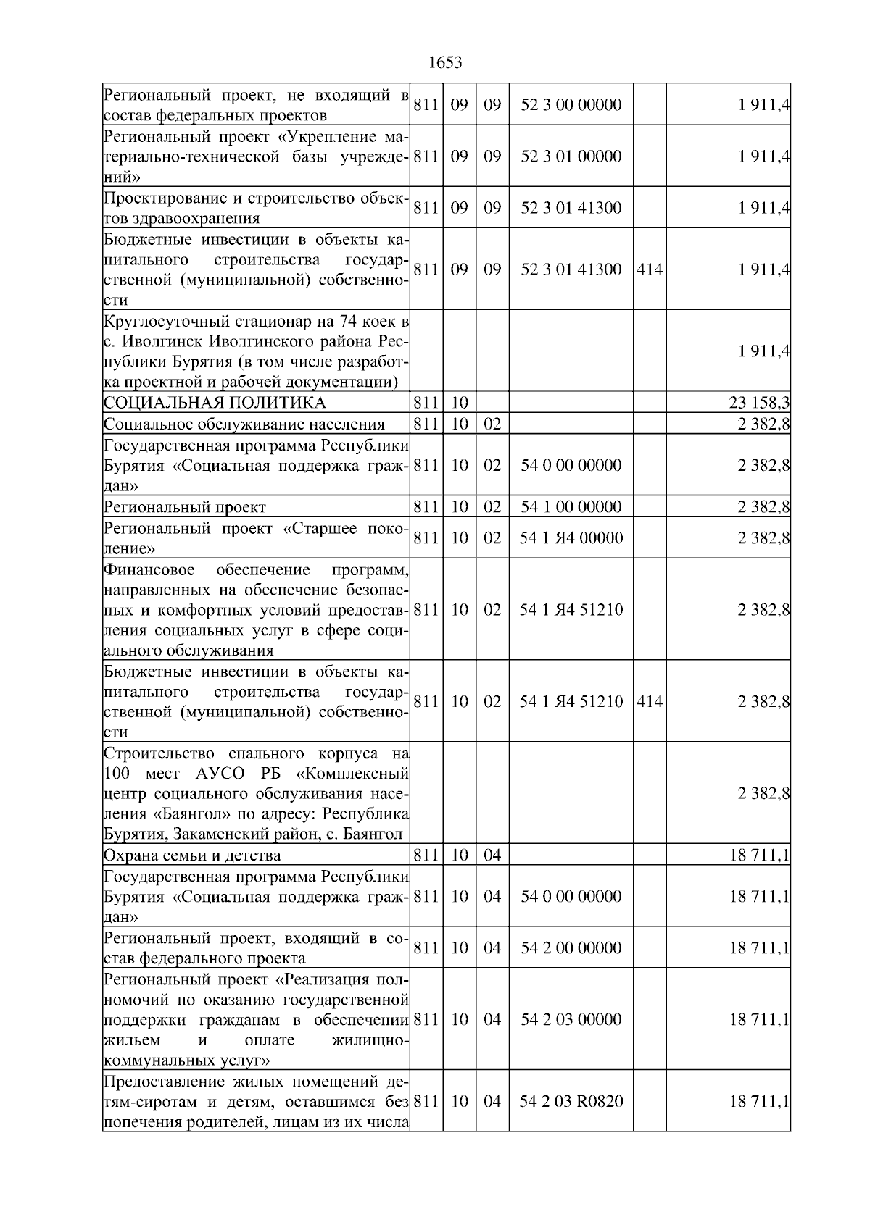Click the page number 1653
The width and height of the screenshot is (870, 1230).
(445, 63)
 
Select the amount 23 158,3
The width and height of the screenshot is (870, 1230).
(759, 403)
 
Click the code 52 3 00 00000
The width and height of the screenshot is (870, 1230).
(571, 105)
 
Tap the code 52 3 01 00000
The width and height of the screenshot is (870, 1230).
(571, 156)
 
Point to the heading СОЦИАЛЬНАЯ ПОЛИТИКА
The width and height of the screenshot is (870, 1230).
(215, 403)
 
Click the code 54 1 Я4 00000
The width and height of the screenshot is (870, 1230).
(571, 538)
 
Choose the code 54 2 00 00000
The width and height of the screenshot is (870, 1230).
(571, 948)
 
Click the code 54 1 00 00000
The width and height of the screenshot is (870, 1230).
(571, 506)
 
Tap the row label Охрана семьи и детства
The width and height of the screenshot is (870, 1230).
(192, 855)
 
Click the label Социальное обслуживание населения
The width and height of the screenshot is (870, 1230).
(244, 424)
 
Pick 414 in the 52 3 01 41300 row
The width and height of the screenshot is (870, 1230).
(649, 269)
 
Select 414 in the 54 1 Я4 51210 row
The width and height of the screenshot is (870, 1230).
(649, 701)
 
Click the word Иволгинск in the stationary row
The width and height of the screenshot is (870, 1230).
(160, 341)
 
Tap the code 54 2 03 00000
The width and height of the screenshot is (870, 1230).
(571, 1019)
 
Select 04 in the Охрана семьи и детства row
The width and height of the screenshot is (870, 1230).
(492, 855)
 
